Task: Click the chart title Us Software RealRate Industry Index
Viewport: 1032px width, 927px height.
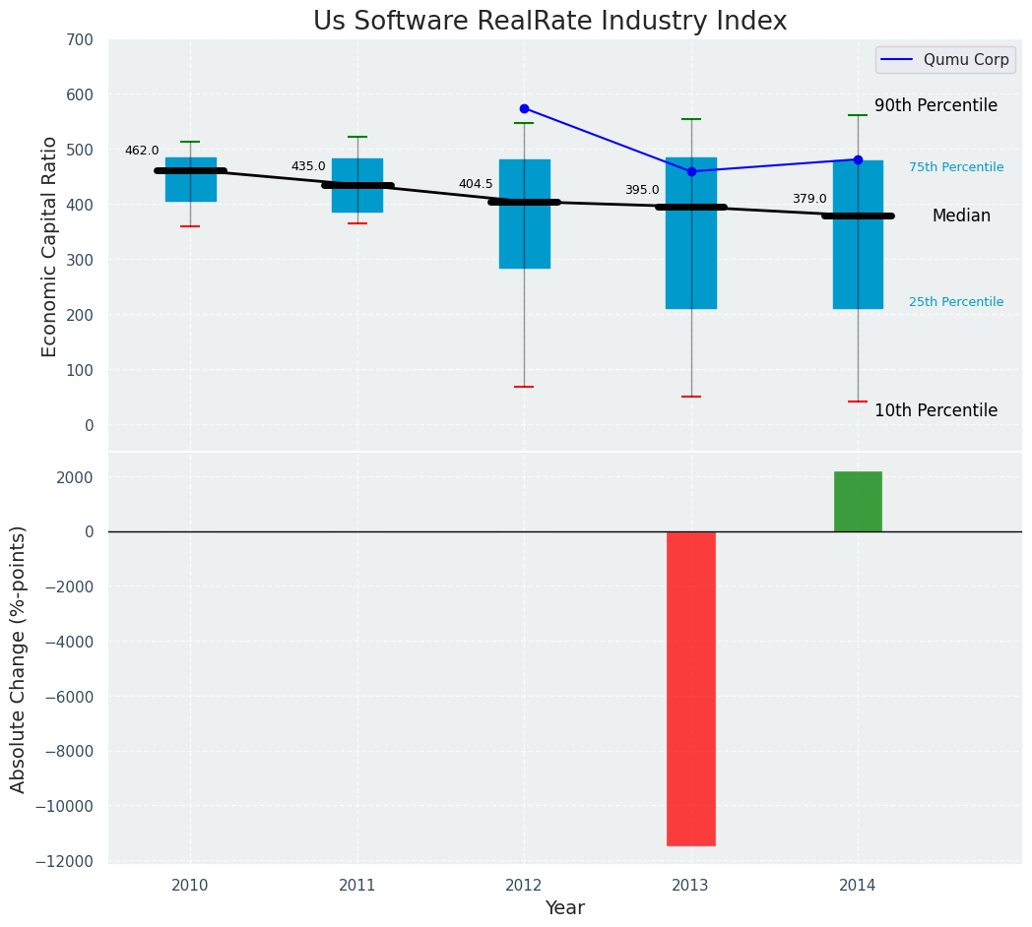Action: (x=549, y=22)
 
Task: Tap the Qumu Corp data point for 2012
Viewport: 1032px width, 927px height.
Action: (x=524, y=108)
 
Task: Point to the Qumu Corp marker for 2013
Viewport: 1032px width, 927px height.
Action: (x=691, y=171)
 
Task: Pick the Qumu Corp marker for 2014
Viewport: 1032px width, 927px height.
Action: (x=858, y=159)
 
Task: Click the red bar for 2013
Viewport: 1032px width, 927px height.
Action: (x=691, y=688)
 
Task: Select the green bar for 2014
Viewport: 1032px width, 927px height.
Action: (x=858, y=502)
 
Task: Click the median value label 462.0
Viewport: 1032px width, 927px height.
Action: (x=142, y=151)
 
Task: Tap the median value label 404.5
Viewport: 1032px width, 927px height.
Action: (x=476, y=184)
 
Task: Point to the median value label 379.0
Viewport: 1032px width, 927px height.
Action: (x=809, y=199)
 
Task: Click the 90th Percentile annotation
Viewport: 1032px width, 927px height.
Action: (x=935, y=105)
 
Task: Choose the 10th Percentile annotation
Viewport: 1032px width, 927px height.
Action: (x=935, y=410)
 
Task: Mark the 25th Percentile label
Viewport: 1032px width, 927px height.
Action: (x=956, y=302)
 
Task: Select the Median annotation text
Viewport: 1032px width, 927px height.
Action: (x=961, y=216)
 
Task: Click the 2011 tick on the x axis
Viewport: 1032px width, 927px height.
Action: (x=357, y=886)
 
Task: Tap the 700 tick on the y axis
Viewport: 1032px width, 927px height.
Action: (x=80, y=39)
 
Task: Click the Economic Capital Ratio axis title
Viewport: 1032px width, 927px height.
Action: (x=50, y=246)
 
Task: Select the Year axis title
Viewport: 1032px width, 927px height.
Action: (x=565, y=908)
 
